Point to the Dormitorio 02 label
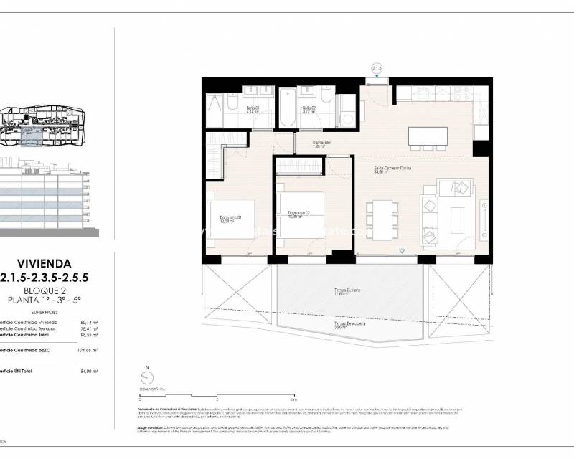pyautogui.click(x=298, y=214)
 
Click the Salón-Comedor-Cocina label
pyautogui.click(x=392, y=170)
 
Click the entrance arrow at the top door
pyautogui.click(x=377, y=69)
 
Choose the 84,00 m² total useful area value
pyautogui.click(x=88, y=370)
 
